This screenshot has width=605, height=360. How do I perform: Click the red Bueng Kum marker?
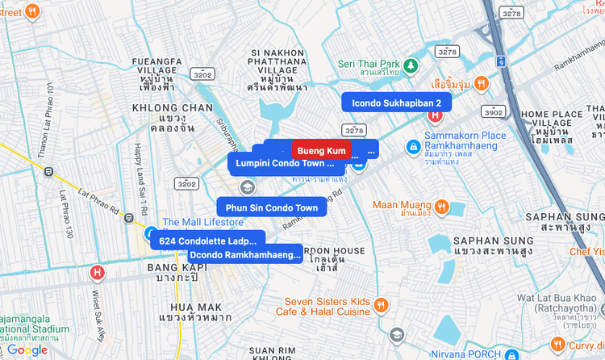point(321,150)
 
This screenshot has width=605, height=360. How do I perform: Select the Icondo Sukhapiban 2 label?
point(396,103)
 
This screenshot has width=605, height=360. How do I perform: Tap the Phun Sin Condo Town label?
point(271,207)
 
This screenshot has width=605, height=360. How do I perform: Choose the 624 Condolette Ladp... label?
point(207,241)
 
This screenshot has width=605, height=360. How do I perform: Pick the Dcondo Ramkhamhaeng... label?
point(244,255)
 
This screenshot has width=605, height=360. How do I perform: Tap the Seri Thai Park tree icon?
point(411,64)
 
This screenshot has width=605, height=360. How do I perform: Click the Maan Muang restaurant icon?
point(441,206)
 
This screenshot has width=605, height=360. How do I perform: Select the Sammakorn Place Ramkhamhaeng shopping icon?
point(412,146)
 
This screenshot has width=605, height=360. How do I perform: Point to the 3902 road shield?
point(494,111)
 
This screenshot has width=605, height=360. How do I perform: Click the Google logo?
point(27,350)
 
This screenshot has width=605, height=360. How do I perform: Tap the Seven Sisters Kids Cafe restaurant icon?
point(382,305)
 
